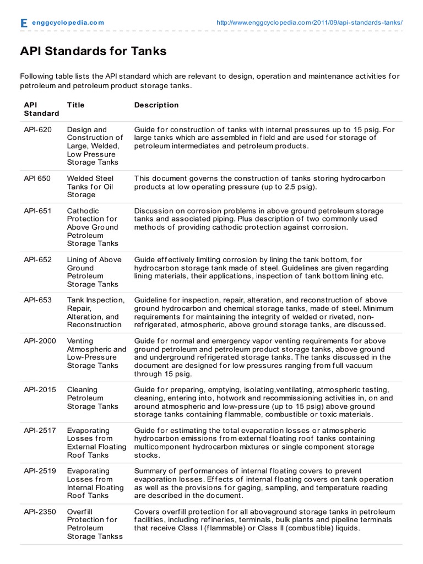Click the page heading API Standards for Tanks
point(93,51)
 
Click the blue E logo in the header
point(24,23)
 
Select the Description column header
point(156,105)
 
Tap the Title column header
point(75,105)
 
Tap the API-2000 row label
point(40,341)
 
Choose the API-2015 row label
point(40,389)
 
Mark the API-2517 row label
point(40,430)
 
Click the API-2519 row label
point(40,471)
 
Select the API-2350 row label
point(40,512)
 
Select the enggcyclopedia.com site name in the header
point(68,23)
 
